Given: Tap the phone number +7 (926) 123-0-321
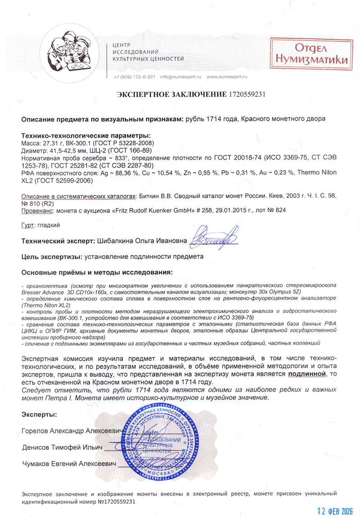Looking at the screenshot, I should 135,77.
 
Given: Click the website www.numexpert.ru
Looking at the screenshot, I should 227,77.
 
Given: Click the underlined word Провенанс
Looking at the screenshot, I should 36,210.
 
